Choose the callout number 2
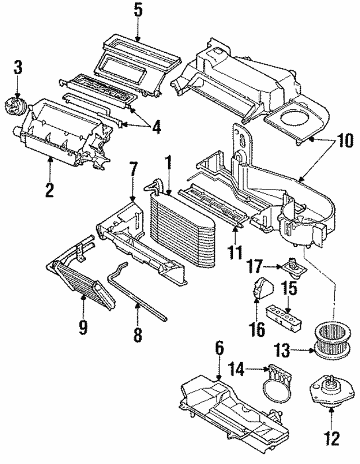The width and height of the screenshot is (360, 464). point(49,190)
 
